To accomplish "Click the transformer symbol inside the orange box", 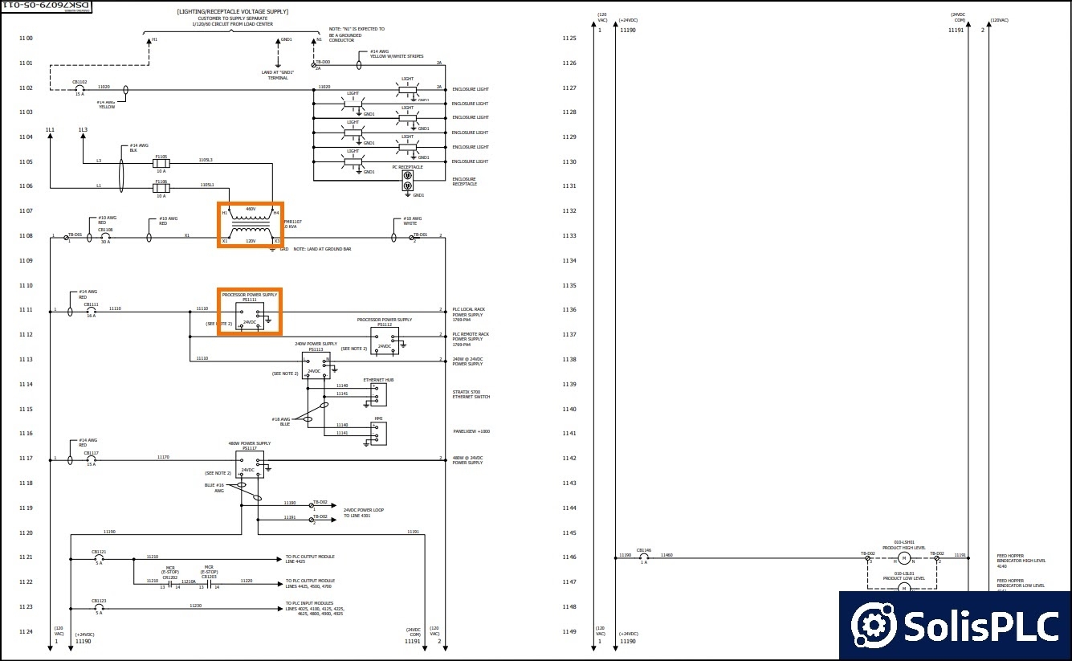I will coord(251,226).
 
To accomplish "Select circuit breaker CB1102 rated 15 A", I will coord(79,88).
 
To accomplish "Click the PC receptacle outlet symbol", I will coord(407,180).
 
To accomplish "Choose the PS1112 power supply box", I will coord(385,341).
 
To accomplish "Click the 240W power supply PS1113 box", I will coord(316,365).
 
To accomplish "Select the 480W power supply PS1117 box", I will coord(250,464).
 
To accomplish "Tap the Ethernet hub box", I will coord(378,394).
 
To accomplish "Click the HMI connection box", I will coord(378,434).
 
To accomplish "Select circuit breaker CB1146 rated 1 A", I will coord(643,557).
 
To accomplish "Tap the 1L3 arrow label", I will coord(83,130).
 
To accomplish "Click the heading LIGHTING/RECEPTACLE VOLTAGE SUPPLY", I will coord(232,12).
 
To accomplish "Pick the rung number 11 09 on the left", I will coord(26,261).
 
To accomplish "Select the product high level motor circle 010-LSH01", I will coord(903,557).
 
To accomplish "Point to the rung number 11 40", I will coord(569,410).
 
